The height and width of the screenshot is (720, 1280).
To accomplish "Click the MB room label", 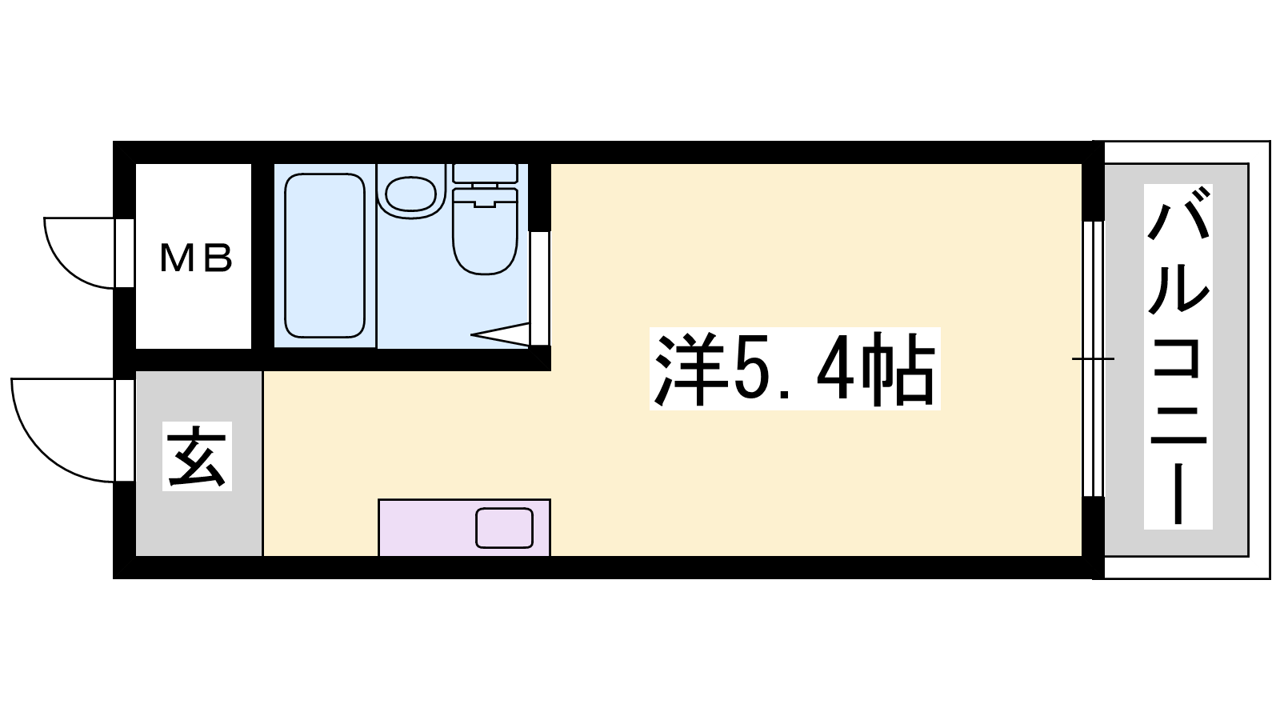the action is (x=196, y=258).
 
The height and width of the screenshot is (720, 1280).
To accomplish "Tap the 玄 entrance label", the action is (x=197, y=456).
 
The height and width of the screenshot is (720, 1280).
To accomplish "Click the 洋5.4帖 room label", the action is (x=795, y=369).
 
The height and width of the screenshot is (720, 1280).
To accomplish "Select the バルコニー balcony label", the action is (x=1178, y=357).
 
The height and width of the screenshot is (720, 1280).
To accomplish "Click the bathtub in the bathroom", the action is (x=325, y=255).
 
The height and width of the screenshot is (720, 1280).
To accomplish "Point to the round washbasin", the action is (x=411, y=193).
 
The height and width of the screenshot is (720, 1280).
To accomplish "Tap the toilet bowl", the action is (x=485, y=231).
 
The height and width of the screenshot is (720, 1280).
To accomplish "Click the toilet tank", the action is (x=485, y=173).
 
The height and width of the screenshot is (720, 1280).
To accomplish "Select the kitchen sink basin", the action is (x=505, y=527).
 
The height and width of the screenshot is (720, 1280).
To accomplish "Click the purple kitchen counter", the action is (x=465, y=527).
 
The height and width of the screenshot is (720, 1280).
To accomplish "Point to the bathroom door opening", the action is (x=539, y=288).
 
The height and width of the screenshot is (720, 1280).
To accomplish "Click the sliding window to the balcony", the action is (x=1093, y=358).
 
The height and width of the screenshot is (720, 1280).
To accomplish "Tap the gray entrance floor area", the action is (x=199, y=463).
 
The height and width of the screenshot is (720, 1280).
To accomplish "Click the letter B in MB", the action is (x=217, y=258).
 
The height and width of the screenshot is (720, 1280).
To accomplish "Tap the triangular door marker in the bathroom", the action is (x=500, y=334).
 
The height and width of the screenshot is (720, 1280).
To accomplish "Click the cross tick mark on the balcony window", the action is (x=1093, y=359).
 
